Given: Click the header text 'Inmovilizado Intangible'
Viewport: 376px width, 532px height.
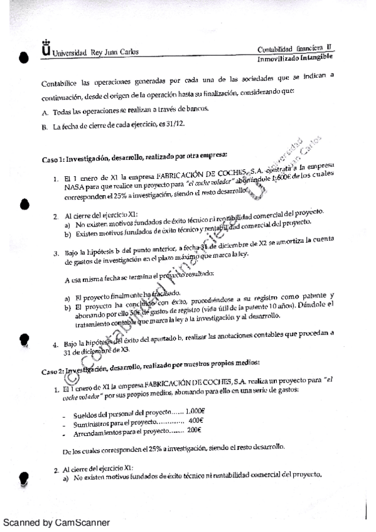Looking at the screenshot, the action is coord(295,58).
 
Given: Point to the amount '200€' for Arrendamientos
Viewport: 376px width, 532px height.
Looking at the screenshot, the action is coord(193,430).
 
